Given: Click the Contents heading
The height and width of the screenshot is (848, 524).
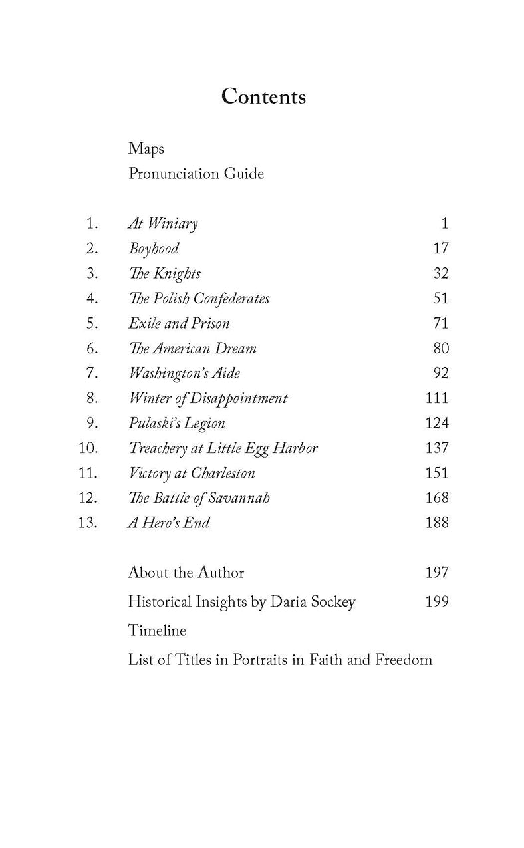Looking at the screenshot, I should (263, 96).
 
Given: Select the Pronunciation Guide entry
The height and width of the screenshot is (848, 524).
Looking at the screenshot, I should (196, 174).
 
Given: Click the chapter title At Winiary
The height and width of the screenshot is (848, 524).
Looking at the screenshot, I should (163, 224).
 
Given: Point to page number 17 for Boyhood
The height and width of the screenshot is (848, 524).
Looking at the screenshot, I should (440, 249).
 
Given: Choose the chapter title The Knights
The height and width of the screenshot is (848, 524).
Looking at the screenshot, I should (164, 273).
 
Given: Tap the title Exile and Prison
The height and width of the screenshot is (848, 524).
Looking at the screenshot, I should (179, 323).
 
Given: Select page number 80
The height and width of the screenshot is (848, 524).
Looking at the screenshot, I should (440, 349).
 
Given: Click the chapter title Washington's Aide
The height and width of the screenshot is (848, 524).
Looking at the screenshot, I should (184, 373).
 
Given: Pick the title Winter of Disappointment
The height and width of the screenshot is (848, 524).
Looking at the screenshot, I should (208, 398).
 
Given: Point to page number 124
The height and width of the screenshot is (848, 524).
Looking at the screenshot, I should (436, 423).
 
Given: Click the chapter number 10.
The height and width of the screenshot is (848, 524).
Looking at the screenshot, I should (88, 448).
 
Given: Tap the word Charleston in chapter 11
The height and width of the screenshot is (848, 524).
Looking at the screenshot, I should (223, 473).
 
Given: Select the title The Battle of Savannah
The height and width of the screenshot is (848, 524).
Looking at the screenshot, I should (199, 498).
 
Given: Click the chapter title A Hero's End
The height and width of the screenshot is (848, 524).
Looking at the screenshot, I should (169, 523).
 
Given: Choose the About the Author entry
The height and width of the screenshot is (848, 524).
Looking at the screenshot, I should (186, 573).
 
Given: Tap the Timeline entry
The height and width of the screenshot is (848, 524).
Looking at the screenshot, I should (157, 631).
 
